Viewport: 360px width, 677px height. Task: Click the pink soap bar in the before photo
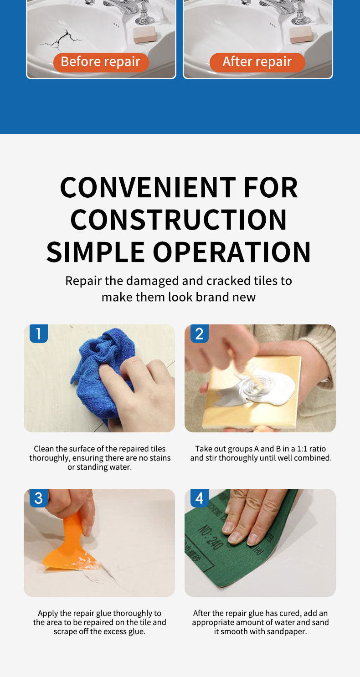click(x=144, y=35)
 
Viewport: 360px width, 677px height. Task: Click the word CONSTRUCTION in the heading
click(x=179, y=220)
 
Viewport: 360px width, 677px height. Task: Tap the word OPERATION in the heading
click(x=232, y=252)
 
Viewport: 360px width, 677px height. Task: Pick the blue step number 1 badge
click(x=39, y=333)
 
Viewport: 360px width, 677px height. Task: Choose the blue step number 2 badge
click(x=200, y=333)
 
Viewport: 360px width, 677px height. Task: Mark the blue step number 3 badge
click(x=39, y=498)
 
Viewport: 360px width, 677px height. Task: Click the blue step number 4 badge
click(x=200, y=498)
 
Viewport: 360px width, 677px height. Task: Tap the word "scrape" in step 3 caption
click(x=66, y=631)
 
